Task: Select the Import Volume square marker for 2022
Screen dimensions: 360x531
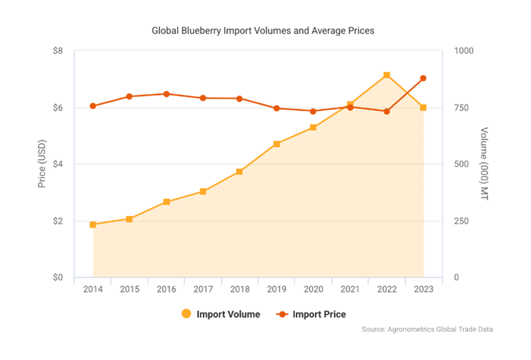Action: (386, 75)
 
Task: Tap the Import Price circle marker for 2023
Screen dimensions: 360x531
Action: (423, 78)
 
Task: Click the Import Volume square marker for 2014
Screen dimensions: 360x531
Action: (92, 224)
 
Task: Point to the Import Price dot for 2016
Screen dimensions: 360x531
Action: (166, 94)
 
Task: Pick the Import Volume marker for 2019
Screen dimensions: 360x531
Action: (276, 143)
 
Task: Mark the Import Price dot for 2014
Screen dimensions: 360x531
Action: (92, 106)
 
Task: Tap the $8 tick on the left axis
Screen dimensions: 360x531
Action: (58, 51)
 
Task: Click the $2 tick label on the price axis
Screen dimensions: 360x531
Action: (58, 221)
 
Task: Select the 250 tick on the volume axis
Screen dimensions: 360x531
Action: (461, 221)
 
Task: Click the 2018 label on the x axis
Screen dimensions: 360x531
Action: (239, 289)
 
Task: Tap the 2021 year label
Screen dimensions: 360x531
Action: (350, 289)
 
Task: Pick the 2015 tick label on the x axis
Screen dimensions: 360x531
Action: (129, 289)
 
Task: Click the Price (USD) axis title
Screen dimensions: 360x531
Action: (42, 164)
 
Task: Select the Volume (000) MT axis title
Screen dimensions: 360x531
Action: (485, 164)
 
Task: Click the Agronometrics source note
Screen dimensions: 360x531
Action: (432, 329)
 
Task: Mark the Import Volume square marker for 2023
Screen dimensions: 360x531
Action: (423, 108)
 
